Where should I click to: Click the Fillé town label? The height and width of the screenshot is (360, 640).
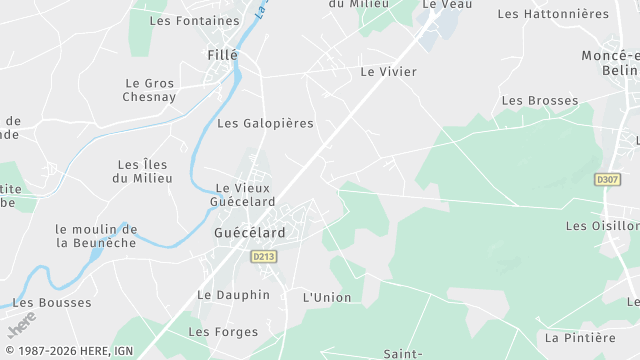click(221, 54)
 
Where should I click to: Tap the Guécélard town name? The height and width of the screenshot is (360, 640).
click(249, 232)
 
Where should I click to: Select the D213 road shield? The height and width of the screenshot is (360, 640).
click(263, 257)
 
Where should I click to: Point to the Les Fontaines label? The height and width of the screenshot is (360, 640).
click(194, 20)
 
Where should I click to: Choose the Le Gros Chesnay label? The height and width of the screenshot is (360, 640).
click(149, 90)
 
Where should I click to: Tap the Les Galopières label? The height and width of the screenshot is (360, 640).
click(265, 123)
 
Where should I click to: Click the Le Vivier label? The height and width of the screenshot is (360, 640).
click(388, 72)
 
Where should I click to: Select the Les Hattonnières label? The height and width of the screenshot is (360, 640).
click(552, 14)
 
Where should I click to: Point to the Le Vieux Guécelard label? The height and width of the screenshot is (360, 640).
click(244, 194)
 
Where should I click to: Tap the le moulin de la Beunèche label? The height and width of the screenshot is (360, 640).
click(96, 235)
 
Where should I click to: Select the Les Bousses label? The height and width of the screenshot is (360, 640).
click(52, 302)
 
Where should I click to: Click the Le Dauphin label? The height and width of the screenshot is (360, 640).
click(233, 295)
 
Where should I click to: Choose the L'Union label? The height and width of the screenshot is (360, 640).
click(328, 297)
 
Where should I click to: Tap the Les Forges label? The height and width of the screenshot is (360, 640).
click(223, 332)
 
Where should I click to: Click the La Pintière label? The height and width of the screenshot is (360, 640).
click(581, 337)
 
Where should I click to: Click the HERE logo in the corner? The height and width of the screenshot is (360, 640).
click(19, 326)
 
